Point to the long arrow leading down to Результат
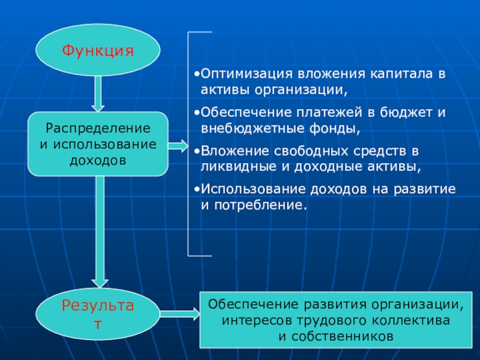99,231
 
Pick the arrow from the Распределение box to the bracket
177,145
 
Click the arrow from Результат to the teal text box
180,313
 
